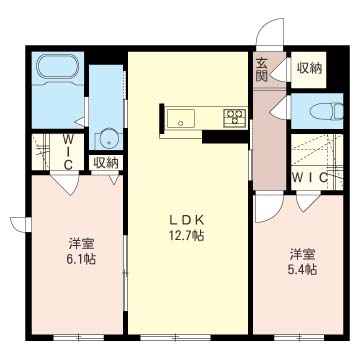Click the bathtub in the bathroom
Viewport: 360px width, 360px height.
[58, 67]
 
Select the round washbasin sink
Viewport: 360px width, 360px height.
[109, 140]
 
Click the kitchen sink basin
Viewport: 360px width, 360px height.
[181, 119]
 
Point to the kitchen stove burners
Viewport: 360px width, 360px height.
[235, 117]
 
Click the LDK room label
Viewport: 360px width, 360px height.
[187, 220]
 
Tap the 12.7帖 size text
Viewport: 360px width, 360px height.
[187, 236]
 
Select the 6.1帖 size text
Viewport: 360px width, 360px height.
[81, 259]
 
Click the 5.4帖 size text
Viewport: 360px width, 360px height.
[302, 269]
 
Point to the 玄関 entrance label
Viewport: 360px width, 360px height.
[262, 70]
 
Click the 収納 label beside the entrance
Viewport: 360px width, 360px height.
[309, 69]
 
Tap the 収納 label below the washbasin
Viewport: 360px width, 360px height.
[106, 163]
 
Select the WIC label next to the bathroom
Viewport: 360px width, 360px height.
[67, 151]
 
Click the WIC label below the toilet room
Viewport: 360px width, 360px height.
[310, 178]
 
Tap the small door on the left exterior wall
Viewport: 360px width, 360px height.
[20, 224]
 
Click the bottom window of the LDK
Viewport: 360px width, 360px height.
[176, 337]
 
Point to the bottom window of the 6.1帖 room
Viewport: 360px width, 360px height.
[79, 337]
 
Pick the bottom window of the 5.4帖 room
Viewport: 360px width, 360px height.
[299, 337]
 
